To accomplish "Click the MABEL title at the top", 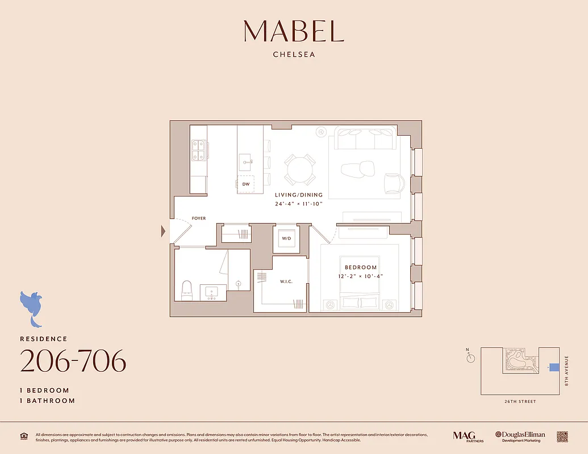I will [294, 31].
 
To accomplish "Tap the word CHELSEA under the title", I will [294, 55].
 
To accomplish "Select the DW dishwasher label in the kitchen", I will [246, 184].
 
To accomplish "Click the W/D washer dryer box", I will [286, 238].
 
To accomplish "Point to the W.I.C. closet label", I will [286, 281].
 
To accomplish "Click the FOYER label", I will [198, 218].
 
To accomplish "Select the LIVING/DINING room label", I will [299, 195].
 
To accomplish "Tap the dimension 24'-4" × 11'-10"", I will [299, 203].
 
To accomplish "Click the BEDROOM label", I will [361, 267].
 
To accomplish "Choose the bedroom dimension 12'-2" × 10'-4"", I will [361, 276].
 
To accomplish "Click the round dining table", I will [300, 169].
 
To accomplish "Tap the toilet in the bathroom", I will [187, 290].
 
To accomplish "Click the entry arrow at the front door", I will [164, 231].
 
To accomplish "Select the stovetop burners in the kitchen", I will [198, 150].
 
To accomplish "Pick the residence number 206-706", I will [73, 361].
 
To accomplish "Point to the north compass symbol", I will [470, 358].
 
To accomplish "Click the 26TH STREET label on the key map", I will [519, 402].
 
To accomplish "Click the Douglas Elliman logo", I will [520, 436].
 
